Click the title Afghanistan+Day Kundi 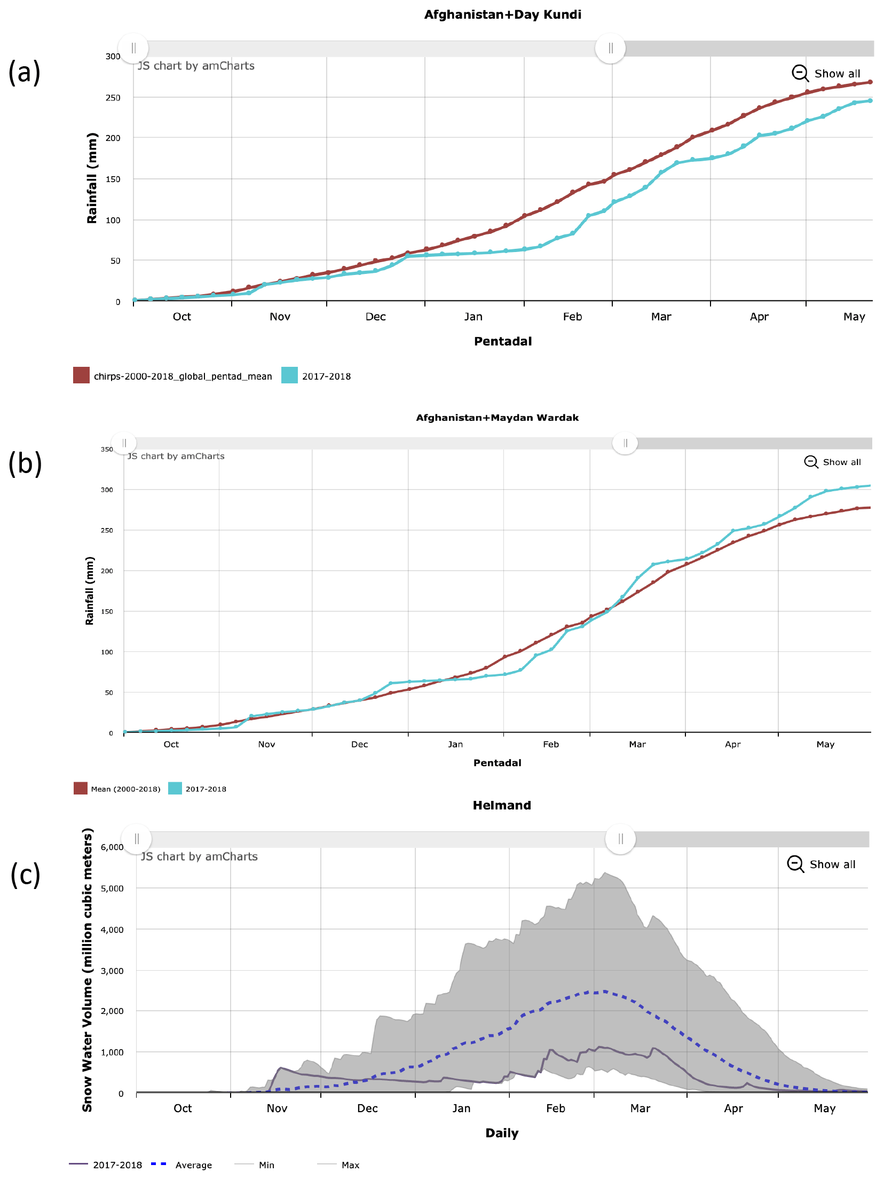click(502, 14)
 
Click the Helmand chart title click(502, 805)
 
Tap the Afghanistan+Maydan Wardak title click(497, 418)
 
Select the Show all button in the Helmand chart click(822, 864)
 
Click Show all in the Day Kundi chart click(827, 73)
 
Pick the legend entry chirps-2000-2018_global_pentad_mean click(183, 376)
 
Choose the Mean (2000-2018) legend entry click(125, 789)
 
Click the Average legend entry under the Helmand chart click(193, 1165)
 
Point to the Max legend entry click(350, 1165)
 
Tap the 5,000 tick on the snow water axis click(112, 888)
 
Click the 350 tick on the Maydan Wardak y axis click(107, 449)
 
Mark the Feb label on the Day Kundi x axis click(572, 317)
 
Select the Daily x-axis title click(502, 1132)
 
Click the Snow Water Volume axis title click(87, 970)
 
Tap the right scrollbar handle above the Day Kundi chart click(610, 49)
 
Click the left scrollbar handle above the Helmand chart click(137, 839)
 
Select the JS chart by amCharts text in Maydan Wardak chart click(176, 456)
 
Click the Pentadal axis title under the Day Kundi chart click(503, 341)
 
